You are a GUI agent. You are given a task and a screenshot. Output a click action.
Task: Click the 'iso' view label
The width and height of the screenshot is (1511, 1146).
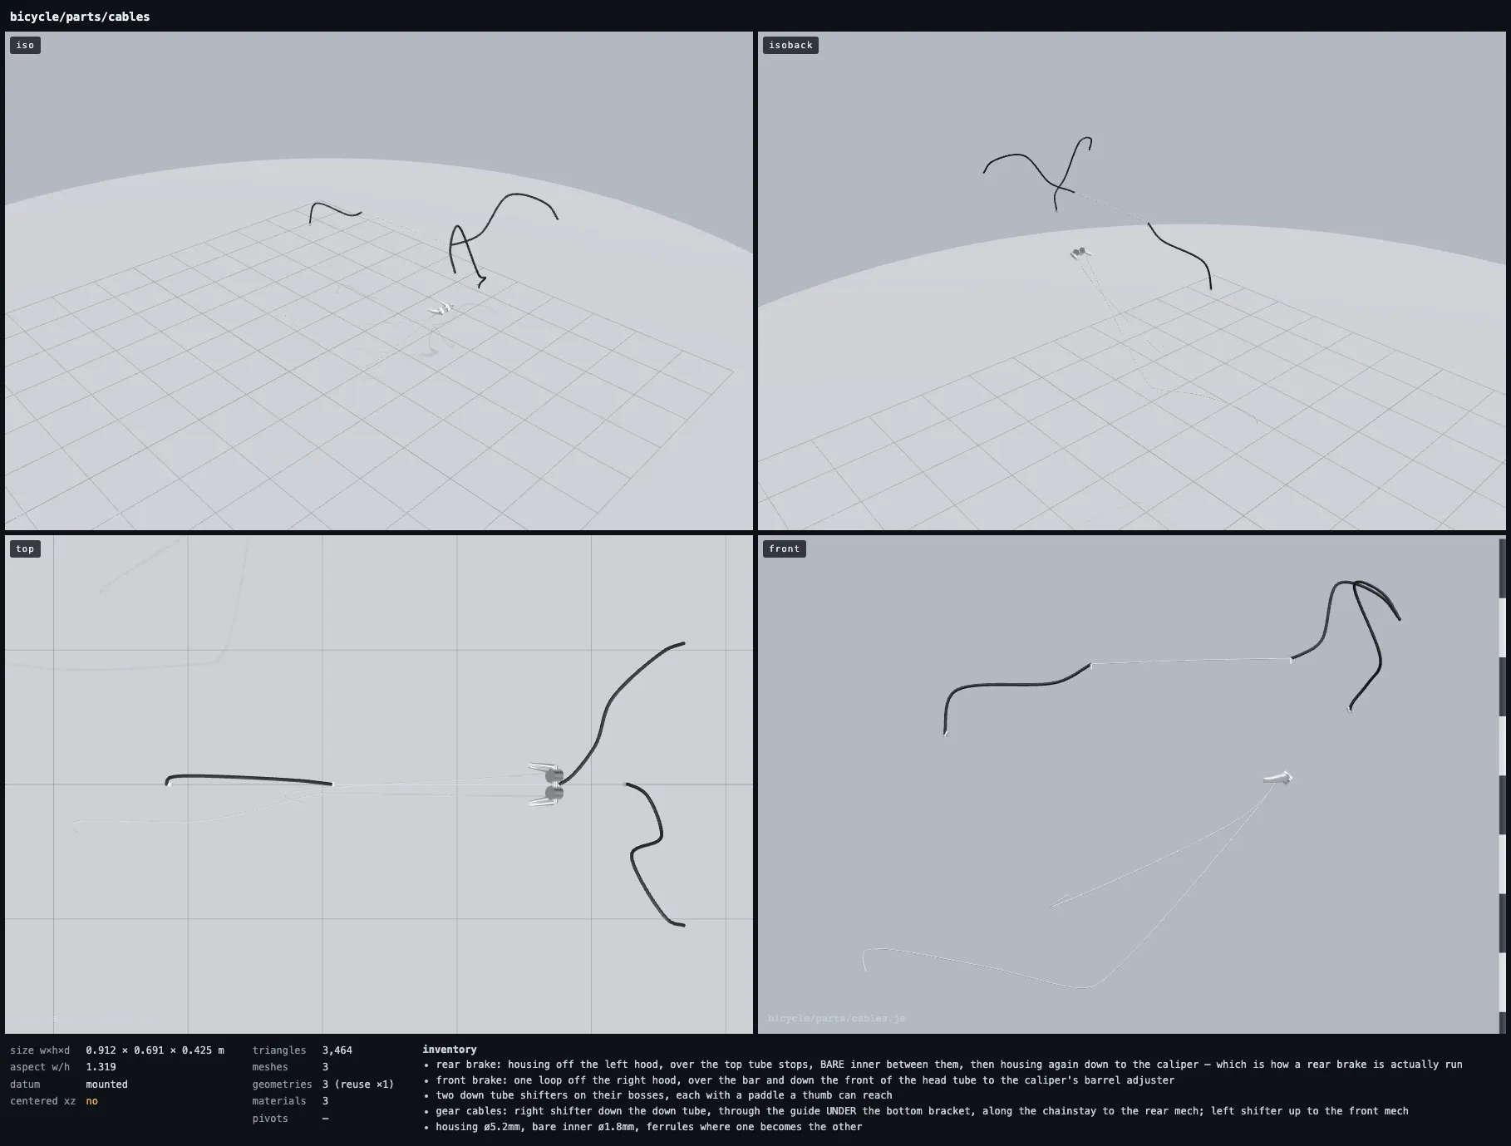coord(25,45)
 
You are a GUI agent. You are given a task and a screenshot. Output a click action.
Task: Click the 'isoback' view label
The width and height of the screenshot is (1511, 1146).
coord(790,45)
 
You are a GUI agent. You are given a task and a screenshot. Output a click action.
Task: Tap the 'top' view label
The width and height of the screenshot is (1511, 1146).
coord(25,548)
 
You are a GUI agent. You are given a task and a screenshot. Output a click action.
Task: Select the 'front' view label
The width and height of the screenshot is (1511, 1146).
coord(784,548)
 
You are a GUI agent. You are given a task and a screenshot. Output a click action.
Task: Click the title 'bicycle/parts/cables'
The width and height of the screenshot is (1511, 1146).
coord(80,17)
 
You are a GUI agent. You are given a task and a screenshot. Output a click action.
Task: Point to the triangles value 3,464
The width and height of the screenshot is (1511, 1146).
coord(337,1050)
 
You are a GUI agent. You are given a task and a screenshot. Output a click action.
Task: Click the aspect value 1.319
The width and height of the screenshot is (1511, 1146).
coord(101,1067)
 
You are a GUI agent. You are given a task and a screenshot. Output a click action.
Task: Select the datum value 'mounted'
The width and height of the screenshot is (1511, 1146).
coord(107,1085)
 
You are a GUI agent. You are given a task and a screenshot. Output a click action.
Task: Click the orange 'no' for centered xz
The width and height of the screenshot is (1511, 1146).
coord(91,1101)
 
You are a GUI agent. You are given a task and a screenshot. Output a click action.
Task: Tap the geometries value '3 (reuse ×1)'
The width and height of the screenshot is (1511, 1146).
coord(358,1085)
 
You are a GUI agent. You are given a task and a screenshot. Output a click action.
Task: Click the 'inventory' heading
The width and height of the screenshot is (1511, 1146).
coord(450,1050)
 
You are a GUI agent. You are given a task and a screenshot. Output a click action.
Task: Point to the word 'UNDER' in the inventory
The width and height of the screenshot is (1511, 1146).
coord(840,1111)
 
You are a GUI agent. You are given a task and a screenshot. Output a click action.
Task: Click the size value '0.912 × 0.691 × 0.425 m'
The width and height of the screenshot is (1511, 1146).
coord(155,1050)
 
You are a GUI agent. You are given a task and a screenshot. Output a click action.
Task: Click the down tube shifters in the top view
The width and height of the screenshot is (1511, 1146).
coord(547,784)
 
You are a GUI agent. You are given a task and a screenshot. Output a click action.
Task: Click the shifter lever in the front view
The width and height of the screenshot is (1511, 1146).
coord(1278,778)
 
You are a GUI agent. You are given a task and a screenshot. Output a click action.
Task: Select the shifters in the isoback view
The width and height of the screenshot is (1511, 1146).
coord(1080,253)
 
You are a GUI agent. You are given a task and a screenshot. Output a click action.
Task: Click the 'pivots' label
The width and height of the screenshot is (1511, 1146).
coord(270,1119)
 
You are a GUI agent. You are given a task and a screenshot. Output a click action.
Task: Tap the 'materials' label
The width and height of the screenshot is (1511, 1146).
coord(279,1101)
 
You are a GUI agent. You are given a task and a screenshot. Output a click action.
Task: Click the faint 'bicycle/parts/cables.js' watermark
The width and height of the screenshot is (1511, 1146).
coord(837,1018)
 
